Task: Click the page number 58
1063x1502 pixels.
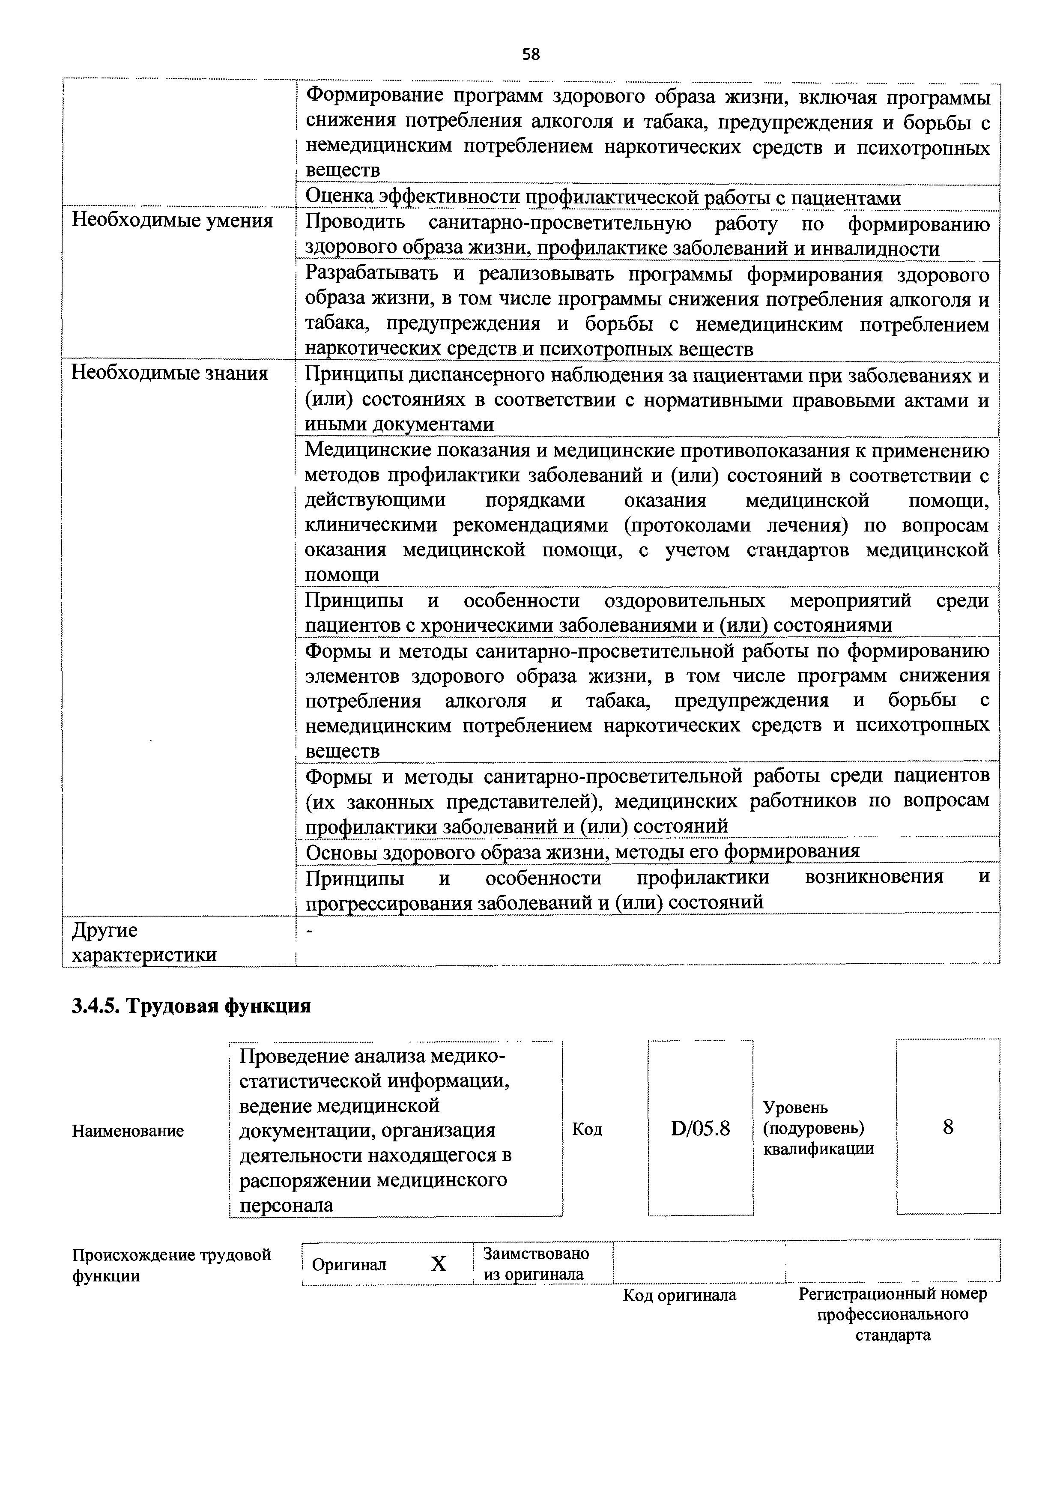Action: (x=531, y=54)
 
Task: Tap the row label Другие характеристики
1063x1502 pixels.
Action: (x=143, y=942)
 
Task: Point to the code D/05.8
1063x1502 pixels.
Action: (x=700, y=1129)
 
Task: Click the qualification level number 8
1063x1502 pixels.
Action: (x=948, y=1127)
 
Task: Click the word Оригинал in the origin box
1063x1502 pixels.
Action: (x=349, y=1264)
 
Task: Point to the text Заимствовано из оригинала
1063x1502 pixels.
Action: (x=535, y=1264)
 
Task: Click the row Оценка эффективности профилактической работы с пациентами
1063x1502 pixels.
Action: (x=603, y=197)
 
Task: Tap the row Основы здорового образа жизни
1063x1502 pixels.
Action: (x=582, y=851)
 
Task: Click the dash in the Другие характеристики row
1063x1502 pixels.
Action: (x=310, y=931)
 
